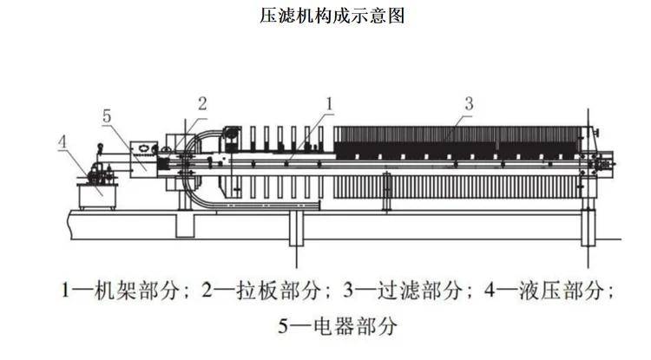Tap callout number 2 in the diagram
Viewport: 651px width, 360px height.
[201, 102]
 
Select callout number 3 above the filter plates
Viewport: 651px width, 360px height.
[468, 102]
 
